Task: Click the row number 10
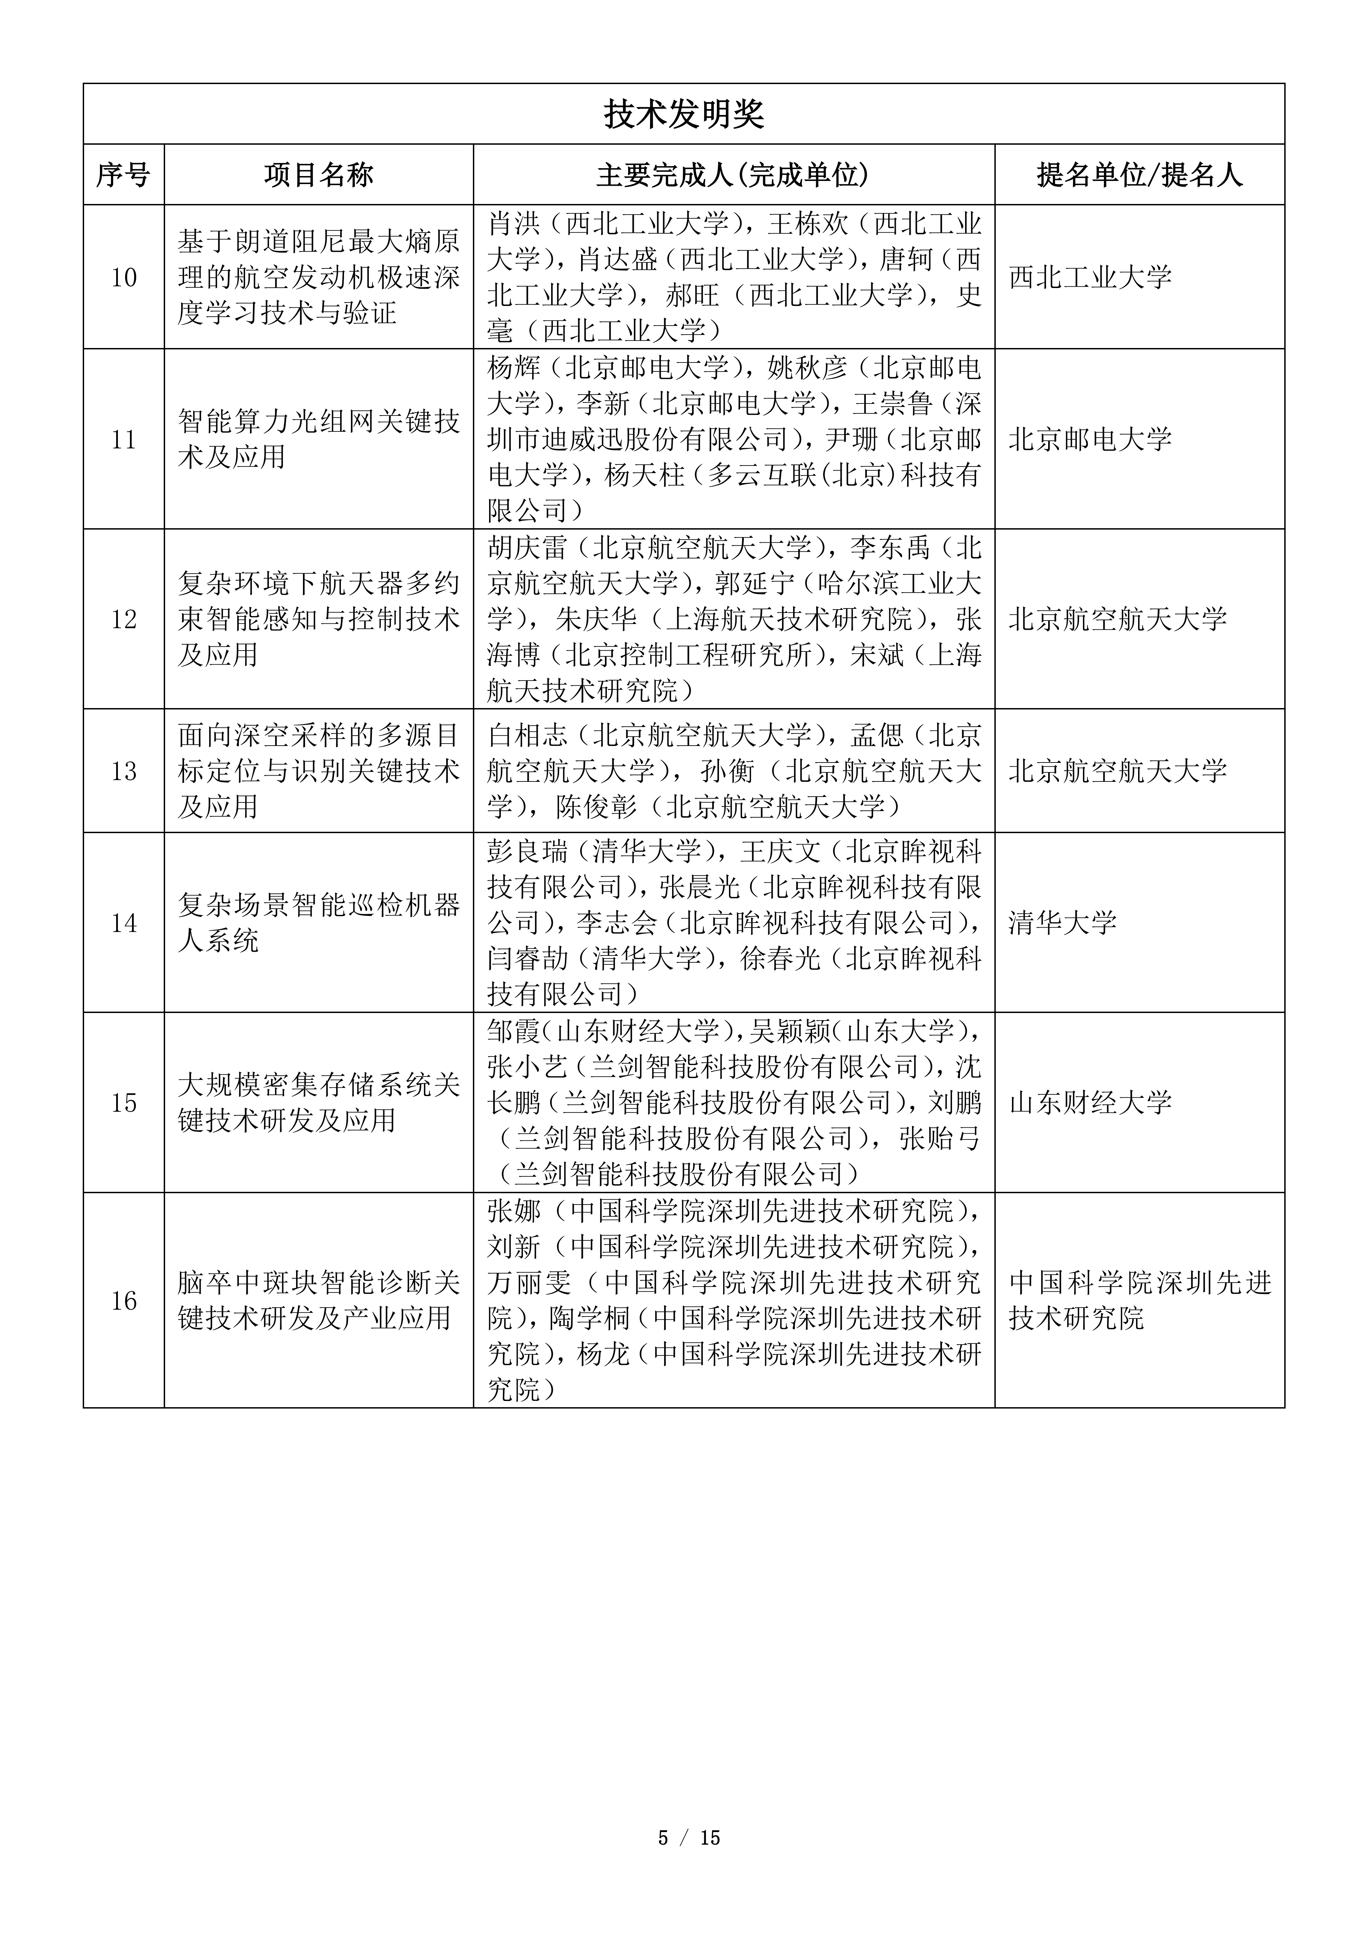[x=124, y=277]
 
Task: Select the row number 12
[x=124, y=619]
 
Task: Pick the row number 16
[x=124, y=1301]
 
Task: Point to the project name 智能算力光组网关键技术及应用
[x=318, y=439]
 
